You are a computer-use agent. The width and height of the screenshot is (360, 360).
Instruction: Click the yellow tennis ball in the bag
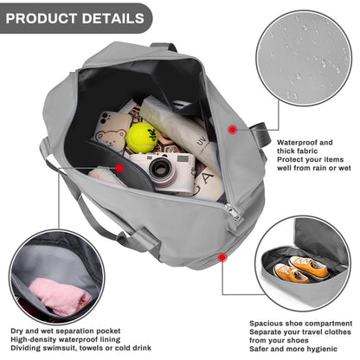[142, 138]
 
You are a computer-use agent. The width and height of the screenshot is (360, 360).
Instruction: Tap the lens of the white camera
[160, 170]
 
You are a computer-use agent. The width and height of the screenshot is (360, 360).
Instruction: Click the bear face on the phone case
[111, 137]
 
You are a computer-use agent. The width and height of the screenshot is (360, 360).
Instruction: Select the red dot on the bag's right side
[232, 130]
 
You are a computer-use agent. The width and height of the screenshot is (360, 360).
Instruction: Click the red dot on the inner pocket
[119, 168]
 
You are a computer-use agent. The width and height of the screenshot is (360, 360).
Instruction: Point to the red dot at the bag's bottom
[222, 257]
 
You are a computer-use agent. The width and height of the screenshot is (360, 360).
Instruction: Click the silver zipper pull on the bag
[234, 212]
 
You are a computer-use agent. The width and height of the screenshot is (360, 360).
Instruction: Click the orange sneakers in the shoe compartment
[301, 269]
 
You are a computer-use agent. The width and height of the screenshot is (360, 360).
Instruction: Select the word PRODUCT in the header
[42, 18]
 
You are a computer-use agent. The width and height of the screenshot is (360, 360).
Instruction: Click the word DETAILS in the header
[112, 18]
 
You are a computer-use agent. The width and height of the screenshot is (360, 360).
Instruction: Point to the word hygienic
[322, 349]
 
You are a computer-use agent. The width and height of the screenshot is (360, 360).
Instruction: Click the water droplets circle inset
[305, 58]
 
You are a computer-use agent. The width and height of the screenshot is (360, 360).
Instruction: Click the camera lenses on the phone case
[106, 117]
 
